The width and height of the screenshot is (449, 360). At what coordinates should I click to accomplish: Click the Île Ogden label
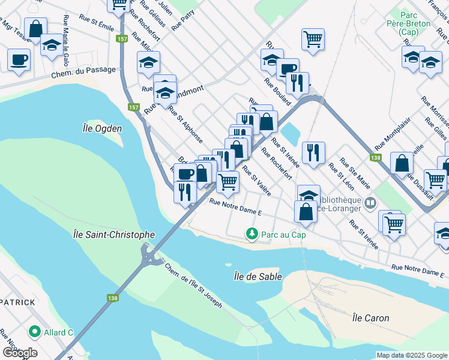(102, 128)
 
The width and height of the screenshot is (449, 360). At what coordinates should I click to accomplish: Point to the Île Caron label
(370, 318)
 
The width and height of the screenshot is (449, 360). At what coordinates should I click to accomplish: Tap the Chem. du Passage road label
(83, 70)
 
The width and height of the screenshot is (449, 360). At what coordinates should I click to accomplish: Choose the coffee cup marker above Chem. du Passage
(19, 59)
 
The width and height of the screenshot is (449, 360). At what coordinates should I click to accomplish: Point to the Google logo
(19, 352)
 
